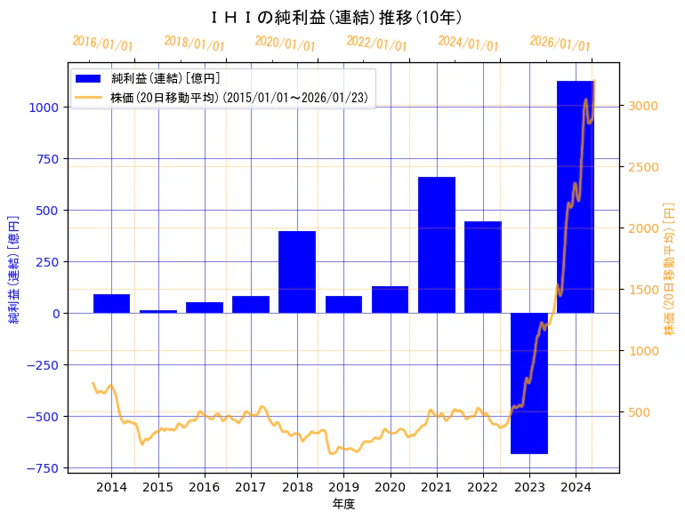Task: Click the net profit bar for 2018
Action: point(297,272)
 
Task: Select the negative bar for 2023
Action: point(529,383)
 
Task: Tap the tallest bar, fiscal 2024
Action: point(576,196)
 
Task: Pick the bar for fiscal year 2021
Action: point(437,244)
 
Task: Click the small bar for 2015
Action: point(158,311)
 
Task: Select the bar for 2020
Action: point(390,299)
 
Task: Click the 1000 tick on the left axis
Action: point(45,108)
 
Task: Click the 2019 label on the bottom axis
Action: point(343,487)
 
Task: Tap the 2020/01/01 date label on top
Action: point(286,43)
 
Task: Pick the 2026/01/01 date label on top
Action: point(560,44)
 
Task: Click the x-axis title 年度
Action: point(343,504)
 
